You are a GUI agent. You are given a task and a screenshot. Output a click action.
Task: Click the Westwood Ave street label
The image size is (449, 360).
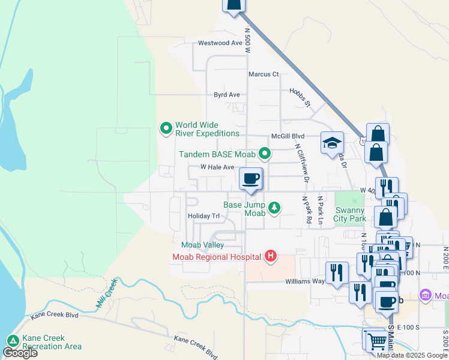click(220, 43)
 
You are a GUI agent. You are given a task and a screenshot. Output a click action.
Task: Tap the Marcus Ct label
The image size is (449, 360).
click(264, 74)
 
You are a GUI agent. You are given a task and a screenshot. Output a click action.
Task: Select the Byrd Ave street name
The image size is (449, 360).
click(227, 95)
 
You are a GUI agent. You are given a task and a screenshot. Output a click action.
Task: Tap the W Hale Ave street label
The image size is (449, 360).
click(217, 167)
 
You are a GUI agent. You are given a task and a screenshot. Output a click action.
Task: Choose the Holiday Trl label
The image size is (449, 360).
click(203, 216)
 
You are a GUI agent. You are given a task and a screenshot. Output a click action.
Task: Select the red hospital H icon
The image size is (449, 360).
click(271, 257)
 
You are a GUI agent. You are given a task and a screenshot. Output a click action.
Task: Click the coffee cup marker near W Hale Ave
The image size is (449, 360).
click(251, 178)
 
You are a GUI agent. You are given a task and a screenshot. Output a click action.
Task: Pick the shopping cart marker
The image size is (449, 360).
click(377, 341)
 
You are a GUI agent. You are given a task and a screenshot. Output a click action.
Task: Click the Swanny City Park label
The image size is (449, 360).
click(350, 214)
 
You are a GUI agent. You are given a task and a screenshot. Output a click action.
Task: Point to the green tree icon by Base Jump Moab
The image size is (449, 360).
click(274, 208)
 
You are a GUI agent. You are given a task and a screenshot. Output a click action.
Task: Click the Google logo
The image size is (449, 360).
click(20, 353)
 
